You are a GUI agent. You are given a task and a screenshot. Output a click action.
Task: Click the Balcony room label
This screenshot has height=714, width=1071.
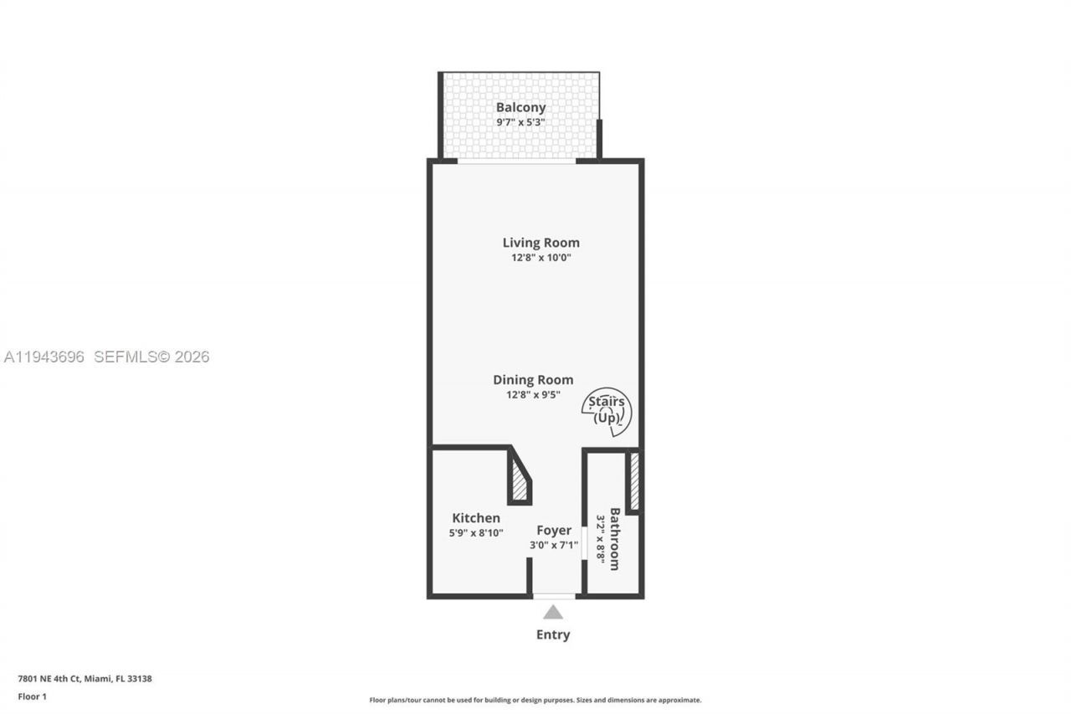pos(520,107)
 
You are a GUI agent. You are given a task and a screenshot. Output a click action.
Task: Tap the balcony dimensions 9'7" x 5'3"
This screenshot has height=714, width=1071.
pos(520,122)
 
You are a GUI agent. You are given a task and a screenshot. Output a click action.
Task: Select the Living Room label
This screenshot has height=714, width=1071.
pos(541,243)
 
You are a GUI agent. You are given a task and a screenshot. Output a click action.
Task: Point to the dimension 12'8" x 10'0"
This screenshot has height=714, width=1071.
pos(541,258)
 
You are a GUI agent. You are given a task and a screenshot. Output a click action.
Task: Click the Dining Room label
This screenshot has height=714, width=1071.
pos(533,380)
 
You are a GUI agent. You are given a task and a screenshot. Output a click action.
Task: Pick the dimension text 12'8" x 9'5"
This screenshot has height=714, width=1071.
pos(533,394)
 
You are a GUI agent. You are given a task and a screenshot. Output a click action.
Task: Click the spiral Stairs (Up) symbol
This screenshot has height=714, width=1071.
pos(607,411)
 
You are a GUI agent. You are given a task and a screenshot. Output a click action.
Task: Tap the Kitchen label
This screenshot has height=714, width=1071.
pos(476,518)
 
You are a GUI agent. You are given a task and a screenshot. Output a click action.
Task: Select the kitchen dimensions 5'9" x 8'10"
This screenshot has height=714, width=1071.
pos(476,532)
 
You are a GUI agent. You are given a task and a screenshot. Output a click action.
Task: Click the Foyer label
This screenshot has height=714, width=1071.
pos(554,531)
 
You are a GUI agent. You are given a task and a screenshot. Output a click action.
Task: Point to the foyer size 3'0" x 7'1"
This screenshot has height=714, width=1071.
pos(554,545)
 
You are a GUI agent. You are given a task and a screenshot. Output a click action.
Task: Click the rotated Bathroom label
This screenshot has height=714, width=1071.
pos(615,539)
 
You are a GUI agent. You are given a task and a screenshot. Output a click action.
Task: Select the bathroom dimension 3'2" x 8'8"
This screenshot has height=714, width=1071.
pos(600,539)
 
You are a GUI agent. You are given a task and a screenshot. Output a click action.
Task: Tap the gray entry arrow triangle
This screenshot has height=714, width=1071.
pos(553,613)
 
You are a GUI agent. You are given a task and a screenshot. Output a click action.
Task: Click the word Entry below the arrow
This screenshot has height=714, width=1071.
pos(553,634)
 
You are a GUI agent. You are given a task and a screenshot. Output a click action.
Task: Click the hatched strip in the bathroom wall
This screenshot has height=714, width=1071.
pos(634,482)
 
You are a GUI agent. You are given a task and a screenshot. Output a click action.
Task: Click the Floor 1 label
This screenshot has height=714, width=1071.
pos(32,696)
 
